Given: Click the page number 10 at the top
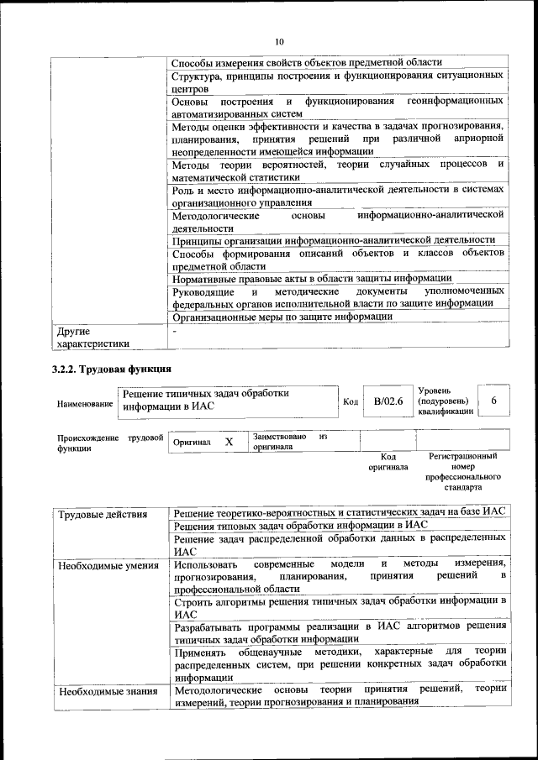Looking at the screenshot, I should coord(279,40).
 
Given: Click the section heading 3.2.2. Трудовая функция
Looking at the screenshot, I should coord(112,369).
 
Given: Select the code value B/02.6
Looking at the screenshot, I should coord(388,401).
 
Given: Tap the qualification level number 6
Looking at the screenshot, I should coord(493,401).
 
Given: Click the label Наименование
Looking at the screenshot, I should coord(85,404).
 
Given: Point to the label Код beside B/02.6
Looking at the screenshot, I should coord(351,402).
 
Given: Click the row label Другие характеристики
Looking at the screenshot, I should coord(92,337).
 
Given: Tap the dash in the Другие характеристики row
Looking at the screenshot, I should coord(174,332).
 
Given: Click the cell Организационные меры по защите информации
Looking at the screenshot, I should coord(282,317).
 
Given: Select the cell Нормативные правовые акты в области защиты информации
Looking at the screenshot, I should coord(312,279).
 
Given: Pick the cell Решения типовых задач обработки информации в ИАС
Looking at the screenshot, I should coord(300,525).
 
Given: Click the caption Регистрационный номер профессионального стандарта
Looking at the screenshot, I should coord(462,471).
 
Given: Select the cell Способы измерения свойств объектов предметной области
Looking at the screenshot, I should coord(306,63).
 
